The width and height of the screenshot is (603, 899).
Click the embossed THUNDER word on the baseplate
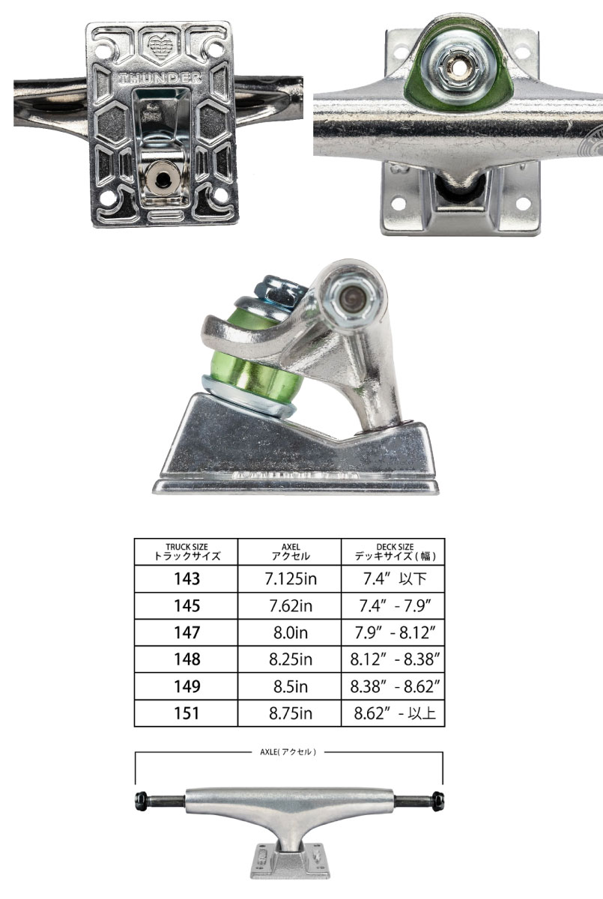pos(160,78)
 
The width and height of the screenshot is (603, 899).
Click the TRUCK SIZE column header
pos(187,552)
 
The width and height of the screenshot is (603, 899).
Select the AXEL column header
pos(291,552)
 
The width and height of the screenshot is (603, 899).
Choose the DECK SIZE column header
pos(395,552)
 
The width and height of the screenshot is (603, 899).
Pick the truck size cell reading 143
pos(187,578)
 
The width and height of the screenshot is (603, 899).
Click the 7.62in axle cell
pos(291,605)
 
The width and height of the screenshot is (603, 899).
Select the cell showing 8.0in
pos(291,633)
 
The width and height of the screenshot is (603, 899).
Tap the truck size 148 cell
pos(187,659)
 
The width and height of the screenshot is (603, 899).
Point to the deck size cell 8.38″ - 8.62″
pos(395,687)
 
